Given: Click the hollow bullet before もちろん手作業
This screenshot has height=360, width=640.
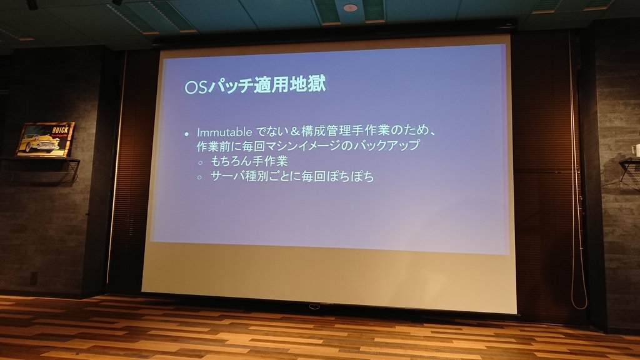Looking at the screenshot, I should (200, 162).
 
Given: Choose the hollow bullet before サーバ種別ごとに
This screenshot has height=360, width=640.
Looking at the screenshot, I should (200, 177).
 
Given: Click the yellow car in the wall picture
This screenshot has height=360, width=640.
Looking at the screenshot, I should (39, 142).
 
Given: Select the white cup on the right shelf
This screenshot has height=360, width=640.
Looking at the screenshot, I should (636, 150).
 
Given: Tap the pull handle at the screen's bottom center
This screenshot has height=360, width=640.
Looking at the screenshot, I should (314, 306).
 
